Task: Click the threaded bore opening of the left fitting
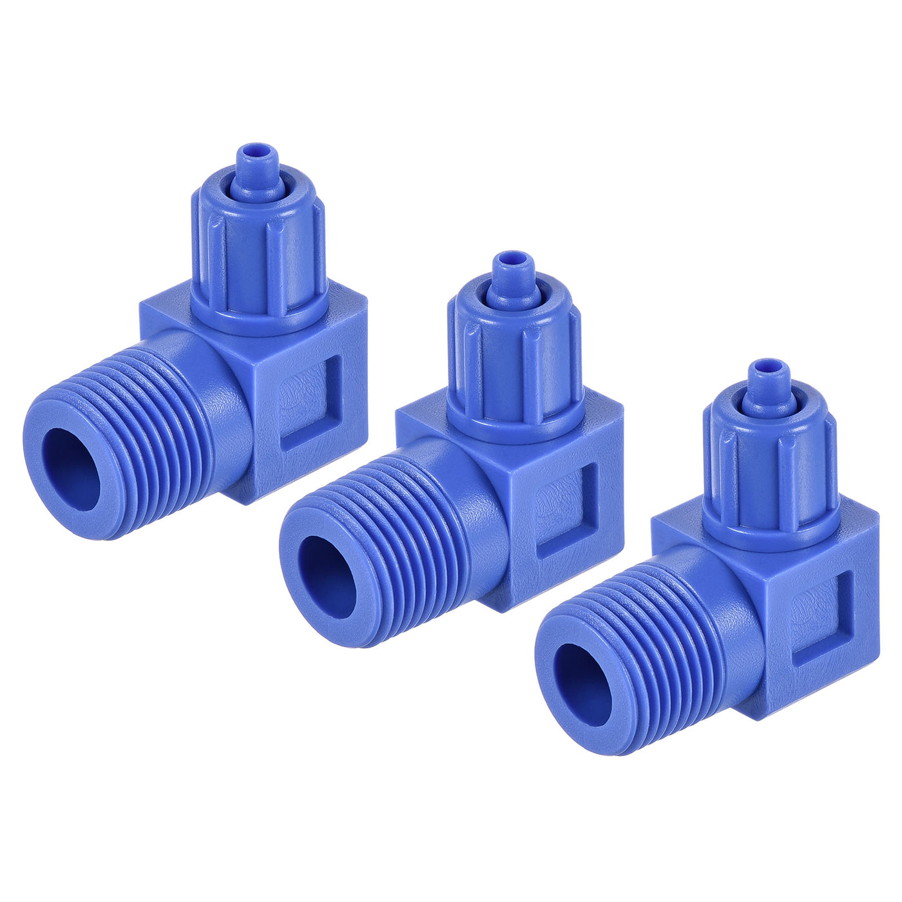pyautogui.click(x=72, y=470)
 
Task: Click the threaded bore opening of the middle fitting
pyautogui.click(x=328, y=577)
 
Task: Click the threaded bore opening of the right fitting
pyautogui.click(x=583, y=684)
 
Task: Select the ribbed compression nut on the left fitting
pyautogui.click(x=259, y=258)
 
